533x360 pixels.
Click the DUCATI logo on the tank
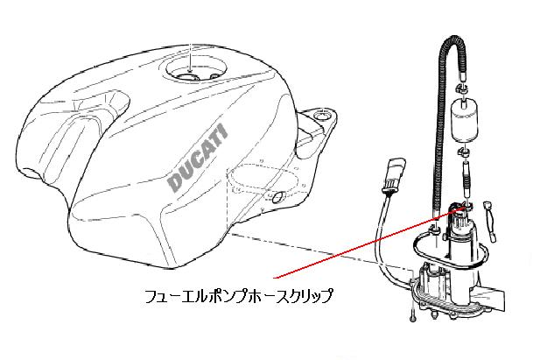200,158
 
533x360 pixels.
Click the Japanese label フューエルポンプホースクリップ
239,296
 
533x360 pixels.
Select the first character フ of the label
151,296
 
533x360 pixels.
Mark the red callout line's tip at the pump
454,207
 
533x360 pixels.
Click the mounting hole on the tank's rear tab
323,114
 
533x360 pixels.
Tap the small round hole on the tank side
278,201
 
